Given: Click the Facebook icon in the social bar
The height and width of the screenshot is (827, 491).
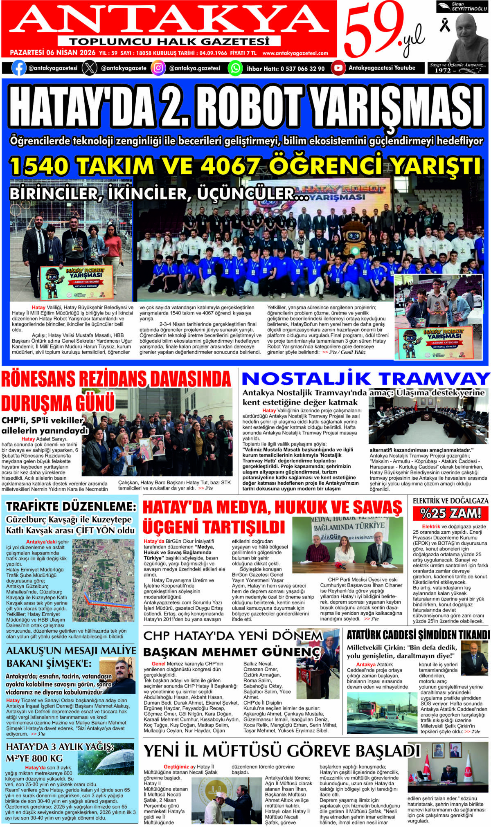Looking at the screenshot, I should [x=19, y=68].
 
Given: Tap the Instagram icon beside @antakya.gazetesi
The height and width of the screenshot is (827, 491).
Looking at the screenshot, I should [x=158, y=68].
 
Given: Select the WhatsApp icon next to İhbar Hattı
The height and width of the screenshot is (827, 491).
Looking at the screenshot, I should [x=235, y=68].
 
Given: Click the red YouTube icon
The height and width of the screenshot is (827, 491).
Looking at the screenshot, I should [x=338, y=68].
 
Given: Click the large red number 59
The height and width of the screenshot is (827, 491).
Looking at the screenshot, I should [x=370, y=29].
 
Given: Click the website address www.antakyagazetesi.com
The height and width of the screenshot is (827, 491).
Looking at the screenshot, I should [x=295, y=53].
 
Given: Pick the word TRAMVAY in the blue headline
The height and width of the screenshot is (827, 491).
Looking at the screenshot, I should [x=433, y=379].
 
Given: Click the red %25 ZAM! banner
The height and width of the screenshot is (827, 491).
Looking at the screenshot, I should [x=450, y=513].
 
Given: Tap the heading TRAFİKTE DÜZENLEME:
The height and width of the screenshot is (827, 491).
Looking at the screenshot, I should [x=71, y=506].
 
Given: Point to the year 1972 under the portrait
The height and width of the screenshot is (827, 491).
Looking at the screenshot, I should [x=443, y=70].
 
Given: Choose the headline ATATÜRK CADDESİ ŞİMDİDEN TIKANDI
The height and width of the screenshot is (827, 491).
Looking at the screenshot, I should [x=418, y=635].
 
